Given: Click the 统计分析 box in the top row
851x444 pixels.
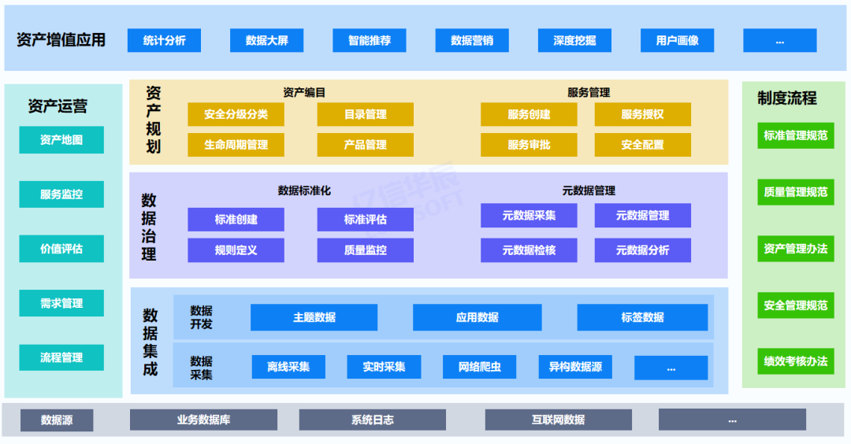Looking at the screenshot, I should (x=164, y=40).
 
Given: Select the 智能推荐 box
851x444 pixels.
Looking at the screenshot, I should (x=370, y=40).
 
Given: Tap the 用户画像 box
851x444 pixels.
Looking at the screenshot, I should (x=677, y=40).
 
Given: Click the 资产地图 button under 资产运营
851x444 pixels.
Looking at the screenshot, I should (x=61, y=140).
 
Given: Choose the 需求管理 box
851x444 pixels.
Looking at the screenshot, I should (x=61, y=303).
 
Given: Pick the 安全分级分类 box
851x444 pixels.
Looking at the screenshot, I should (x=236, y=114).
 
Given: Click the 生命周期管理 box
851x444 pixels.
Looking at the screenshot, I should (x=236, y=145).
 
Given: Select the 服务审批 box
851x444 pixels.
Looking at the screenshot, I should (x=529, y=145).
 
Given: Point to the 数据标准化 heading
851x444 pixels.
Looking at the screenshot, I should (x=304, y=191).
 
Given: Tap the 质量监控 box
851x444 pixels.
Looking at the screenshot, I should (x=365, y=250).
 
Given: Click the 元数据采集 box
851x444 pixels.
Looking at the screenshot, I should (x=529, y=216).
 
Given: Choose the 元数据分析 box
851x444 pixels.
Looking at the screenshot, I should (x=642, y=250).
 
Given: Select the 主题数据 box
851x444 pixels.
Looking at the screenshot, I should (x=314, y=317).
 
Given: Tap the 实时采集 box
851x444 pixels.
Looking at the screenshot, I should (x=384, y=367).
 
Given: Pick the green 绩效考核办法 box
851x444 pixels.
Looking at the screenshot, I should (x=795, y=361).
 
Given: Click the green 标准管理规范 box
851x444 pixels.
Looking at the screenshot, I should (x=795, y=135).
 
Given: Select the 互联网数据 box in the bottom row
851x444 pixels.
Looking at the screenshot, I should (x=558, y=420).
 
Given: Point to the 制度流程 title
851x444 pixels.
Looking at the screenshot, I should (x=786, y=98).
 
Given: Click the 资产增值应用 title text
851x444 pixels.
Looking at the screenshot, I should (x=61, y=39).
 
